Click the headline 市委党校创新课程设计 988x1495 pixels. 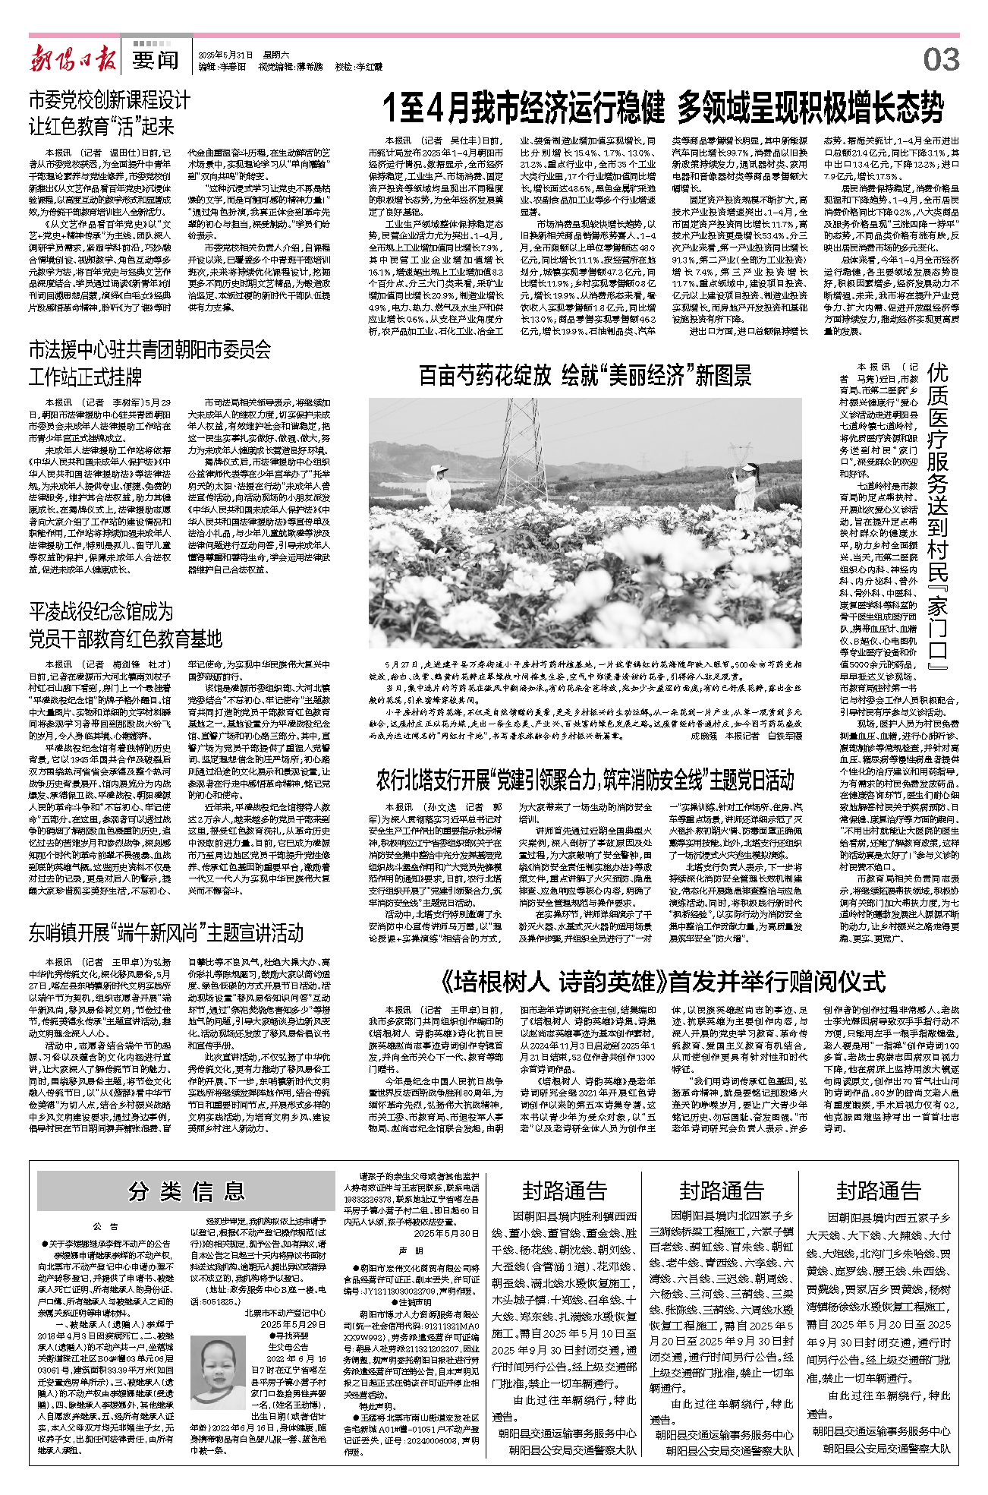tap(109, 100)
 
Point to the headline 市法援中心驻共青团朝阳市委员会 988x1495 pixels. tap(149, 350)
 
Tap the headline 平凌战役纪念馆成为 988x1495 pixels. tap(101, 612)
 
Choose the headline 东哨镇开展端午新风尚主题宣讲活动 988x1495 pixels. tap(166, 932)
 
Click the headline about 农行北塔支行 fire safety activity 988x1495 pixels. tap(585, 780)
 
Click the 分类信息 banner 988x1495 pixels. tap(186, 1191)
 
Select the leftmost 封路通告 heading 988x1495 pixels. tap(564, 1191)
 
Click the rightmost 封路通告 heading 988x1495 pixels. tap(878, 1191)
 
